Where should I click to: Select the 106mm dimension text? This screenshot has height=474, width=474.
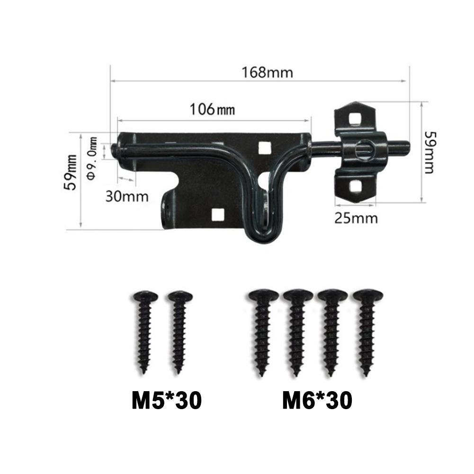click(212, 109)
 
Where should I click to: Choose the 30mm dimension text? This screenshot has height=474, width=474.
click(126, 196)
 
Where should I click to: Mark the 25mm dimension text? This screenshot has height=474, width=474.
click(356, 218)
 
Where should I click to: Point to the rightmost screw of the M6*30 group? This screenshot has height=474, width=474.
click(367, 331)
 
